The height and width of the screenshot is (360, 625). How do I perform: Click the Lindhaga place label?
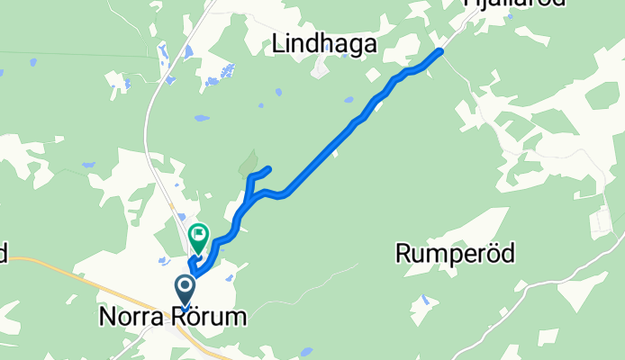[322, 44]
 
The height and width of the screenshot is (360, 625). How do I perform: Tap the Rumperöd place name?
[455, 254]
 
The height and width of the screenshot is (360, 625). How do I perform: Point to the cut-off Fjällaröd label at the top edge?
[514, 4]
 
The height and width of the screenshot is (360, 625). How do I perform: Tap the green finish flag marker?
[198, 236]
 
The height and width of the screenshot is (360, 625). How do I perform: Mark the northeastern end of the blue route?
[440, 51]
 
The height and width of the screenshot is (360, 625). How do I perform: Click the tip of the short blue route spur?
[268, 168]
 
